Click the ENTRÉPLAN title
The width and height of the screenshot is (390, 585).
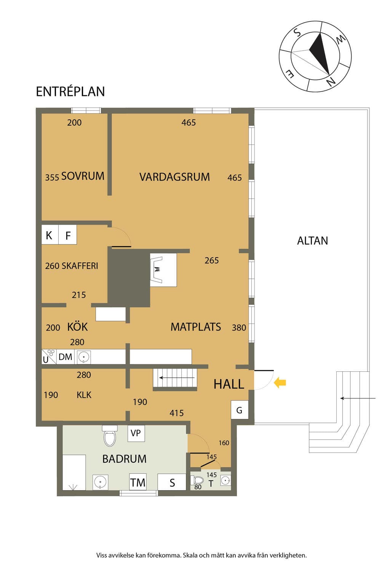70,91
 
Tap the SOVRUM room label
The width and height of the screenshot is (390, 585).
83,176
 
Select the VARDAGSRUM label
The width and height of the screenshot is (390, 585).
174,177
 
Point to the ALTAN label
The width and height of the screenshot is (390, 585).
312,241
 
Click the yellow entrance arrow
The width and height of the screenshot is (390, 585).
280,383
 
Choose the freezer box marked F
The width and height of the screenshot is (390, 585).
68,235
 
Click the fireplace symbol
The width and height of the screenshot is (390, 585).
163,270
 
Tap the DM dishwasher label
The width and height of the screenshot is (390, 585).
65,357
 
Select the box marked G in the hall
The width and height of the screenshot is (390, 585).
239,410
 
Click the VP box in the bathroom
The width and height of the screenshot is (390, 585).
136,433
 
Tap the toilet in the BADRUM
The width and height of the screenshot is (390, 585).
110,436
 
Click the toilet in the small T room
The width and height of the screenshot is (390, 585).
198,480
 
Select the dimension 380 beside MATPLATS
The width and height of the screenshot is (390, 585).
239,328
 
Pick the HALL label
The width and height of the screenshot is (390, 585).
229,384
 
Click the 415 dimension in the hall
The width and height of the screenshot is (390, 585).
177,413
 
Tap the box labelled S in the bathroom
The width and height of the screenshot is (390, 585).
172,482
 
